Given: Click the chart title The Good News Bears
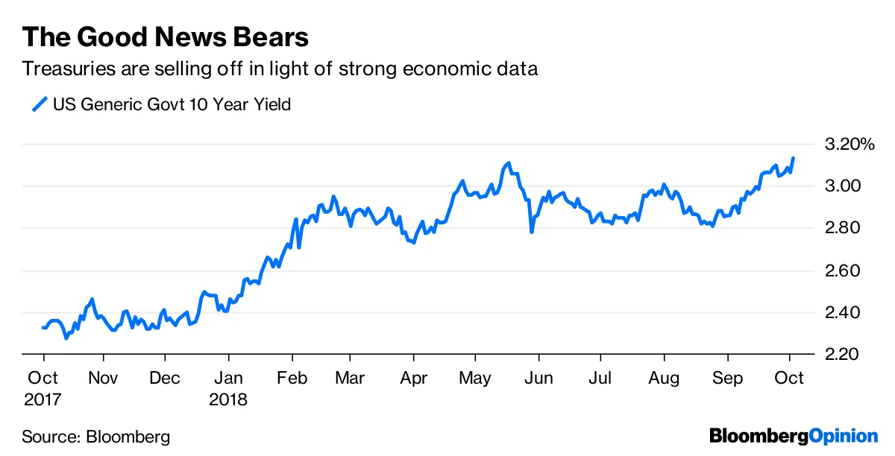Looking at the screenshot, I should (165, 37).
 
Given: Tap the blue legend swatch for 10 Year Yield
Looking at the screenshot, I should (39, 104).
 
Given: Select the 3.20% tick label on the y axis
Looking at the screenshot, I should (847, 144).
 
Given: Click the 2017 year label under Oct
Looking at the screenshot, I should (43, 399).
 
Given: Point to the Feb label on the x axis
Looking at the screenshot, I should (292, 379).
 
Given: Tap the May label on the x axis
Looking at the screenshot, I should (474, 379).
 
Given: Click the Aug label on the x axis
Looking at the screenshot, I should (663, 379).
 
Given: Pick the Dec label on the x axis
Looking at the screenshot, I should (165, 379).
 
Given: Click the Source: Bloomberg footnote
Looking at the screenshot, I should (95, 437).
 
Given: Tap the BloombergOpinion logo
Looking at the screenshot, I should (794, 436).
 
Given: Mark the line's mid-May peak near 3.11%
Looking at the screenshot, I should (508, 162).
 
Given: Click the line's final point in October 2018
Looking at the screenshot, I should (793, 158).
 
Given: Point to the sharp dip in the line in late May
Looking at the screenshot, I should (532, 232).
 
